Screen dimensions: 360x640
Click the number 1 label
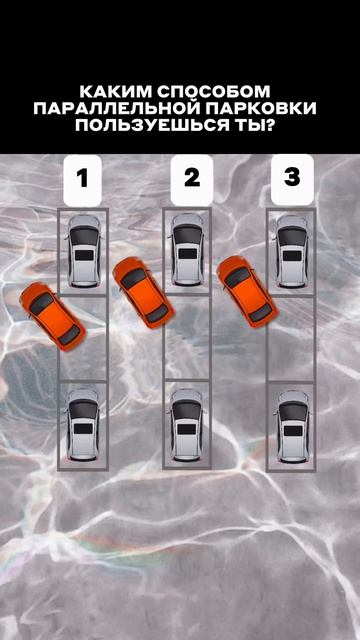point(82,180)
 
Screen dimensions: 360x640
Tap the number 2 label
point(192,180)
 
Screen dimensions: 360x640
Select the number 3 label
point(292,180)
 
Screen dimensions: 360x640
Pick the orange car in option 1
point(53,316)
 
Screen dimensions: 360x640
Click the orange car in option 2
point(143,287)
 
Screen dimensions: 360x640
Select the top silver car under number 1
point(84,251)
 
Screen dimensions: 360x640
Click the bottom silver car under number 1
point(83,424)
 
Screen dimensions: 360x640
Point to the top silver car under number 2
point(187,249)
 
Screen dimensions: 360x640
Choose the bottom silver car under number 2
point(187,425)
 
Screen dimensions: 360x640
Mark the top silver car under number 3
point(292,251)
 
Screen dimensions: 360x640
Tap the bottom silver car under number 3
point(293,427)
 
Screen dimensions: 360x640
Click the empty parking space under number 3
point(291,338)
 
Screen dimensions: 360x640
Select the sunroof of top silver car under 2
point(187,254)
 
